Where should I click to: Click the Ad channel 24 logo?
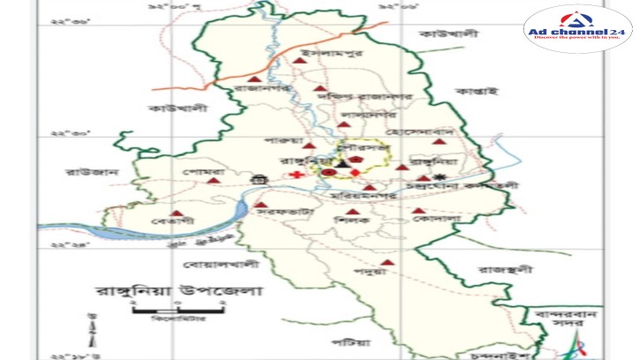pos(578,29)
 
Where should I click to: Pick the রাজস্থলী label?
pos(502,268)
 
